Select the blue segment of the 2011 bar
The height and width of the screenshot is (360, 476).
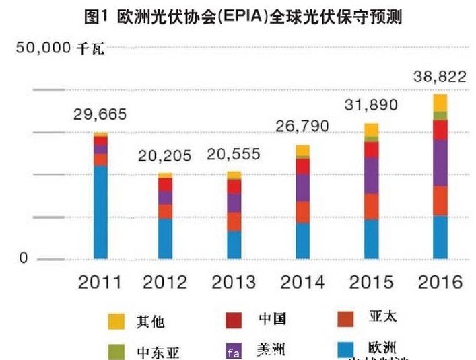tap(100, 212)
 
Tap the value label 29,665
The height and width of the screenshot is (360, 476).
tap(100, 114)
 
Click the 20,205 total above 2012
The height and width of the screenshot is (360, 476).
tap(165, 156)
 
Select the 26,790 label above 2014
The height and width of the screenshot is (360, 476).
tap(303, 126)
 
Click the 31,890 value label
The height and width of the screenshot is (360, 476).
tap(371, 105)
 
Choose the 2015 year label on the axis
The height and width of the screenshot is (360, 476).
tap(372, 282)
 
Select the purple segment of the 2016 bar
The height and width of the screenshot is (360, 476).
tap(440, 163)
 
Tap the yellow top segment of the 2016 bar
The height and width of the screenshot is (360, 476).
tap(440, 102)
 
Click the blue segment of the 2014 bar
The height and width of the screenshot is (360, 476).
tap(303, 240)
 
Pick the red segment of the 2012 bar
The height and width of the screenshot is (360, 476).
tap(166, 184)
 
